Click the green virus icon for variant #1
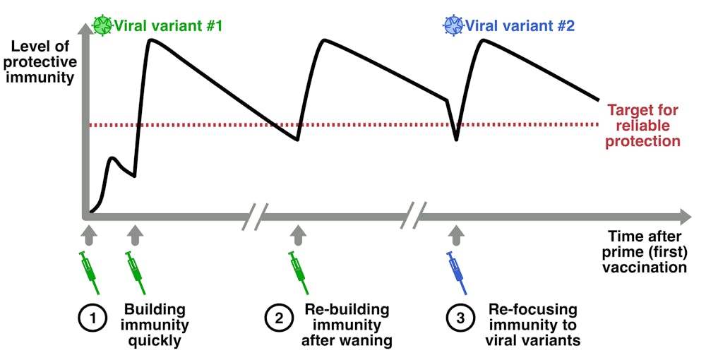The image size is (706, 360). click(x=104, y=26)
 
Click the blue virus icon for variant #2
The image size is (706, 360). click(x=452, y=26)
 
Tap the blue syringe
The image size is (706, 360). click(x=457, y=272)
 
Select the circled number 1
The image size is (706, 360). click(x=91, y=318)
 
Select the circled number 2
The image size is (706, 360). click(x=279, y=318)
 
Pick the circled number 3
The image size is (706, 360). click(x=460, y=318)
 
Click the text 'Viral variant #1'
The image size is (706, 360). click(x=169, y=27)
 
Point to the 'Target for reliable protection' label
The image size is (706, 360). click(x=643, y=126)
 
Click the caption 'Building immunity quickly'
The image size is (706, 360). click(x=155, y=325)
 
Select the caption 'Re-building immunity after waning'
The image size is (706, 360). click(x=347, y=325)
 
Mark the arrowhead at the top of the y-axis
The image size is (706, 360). click(x=87, y=27)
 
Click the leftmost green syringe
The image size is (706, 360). click(x=88, y=272)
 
